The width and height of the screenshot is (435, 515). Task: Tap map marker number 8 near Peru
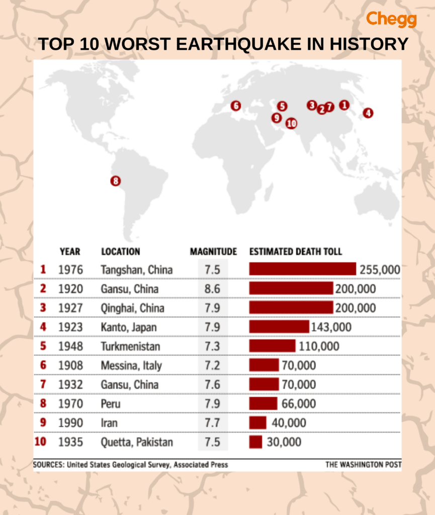[x=116, y=182]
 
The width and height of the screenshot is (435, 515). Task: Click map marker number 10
[x=291, y=123]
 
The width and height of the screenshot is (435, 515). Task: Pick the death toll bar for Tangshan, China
[x=302, y=269]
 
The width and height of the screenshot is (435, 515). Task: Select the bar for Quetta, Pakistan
[x=255, y=442]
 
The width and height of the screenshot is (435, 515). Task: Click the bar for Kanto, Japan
[x=279, y=327]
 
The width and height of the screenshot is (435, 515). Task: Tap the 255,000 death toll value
[x=380, y=270]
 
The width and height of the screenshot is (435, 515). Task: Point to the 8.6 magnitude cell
[x=212, y=289]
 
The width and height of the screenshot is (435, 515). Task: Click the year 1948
[x=70, y=346]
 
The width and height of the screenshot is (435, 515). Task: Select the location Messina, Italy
[x=131, y=365]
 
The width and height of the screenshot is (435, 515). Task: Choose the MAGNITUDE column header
[x=213, y=251]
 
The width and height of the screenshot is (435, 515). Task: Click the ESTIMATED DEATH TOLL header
[x=296, y=251]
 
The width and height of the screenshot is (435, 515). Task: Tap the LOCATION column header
[x=121, y=251]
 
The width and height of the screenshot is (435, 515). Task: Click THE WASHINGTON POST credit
[x=363, y=465]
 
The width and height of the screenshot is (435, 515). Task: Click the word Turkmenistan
[x=130, y=346]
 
